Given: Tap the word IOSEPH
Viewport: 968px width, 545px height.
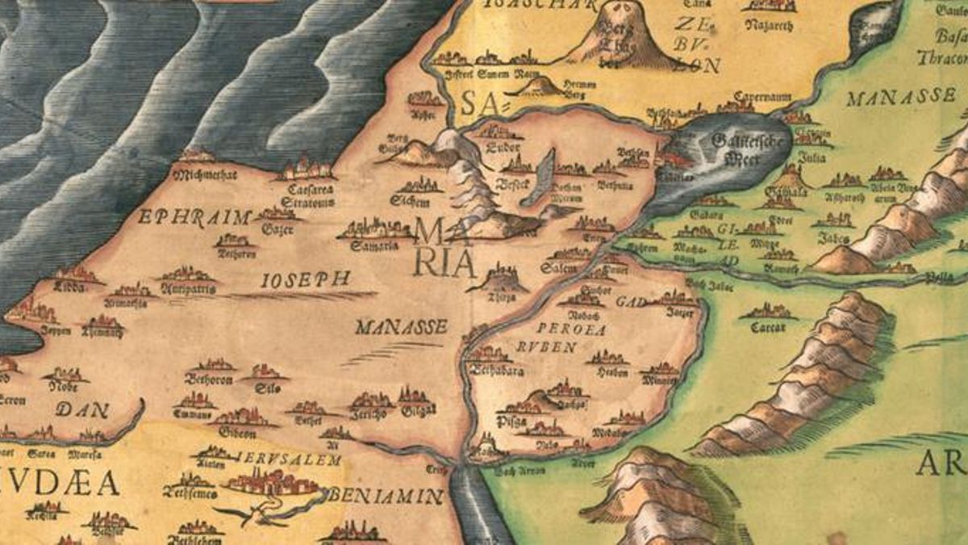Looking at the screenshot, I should pyautogui.click(x=306, y=280).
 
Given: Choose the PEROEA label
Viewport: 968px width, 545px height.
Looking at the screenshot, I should pyautogui.click(x=570, y=329).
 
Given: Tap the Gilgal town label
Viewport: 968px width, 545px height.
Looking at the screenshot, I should pyautogui.click(x=417, y=413).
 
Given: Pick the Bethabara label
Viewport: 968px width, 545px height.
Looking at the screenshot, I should pyautogui.click(x=497, y=371).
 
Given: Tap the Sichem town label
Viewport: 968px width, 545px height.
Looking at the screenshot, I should pyautogui.click(x=407, y=200).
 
